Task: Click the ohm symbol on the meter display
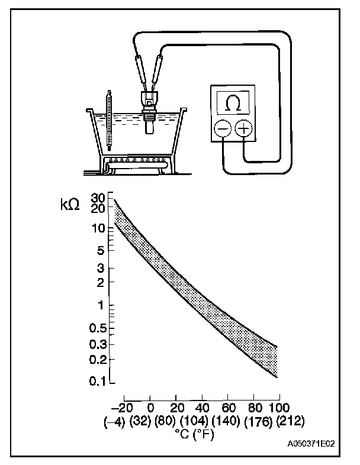click(x=234, y=104)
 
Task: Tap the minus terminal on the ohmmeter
click(x=223, y=129)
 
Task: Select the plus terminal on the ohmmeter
click(x=244, y=129)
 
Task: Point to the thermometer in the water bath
click(x=110, y=119)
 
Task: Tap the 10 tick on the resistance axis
click(x=99, y=228)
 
